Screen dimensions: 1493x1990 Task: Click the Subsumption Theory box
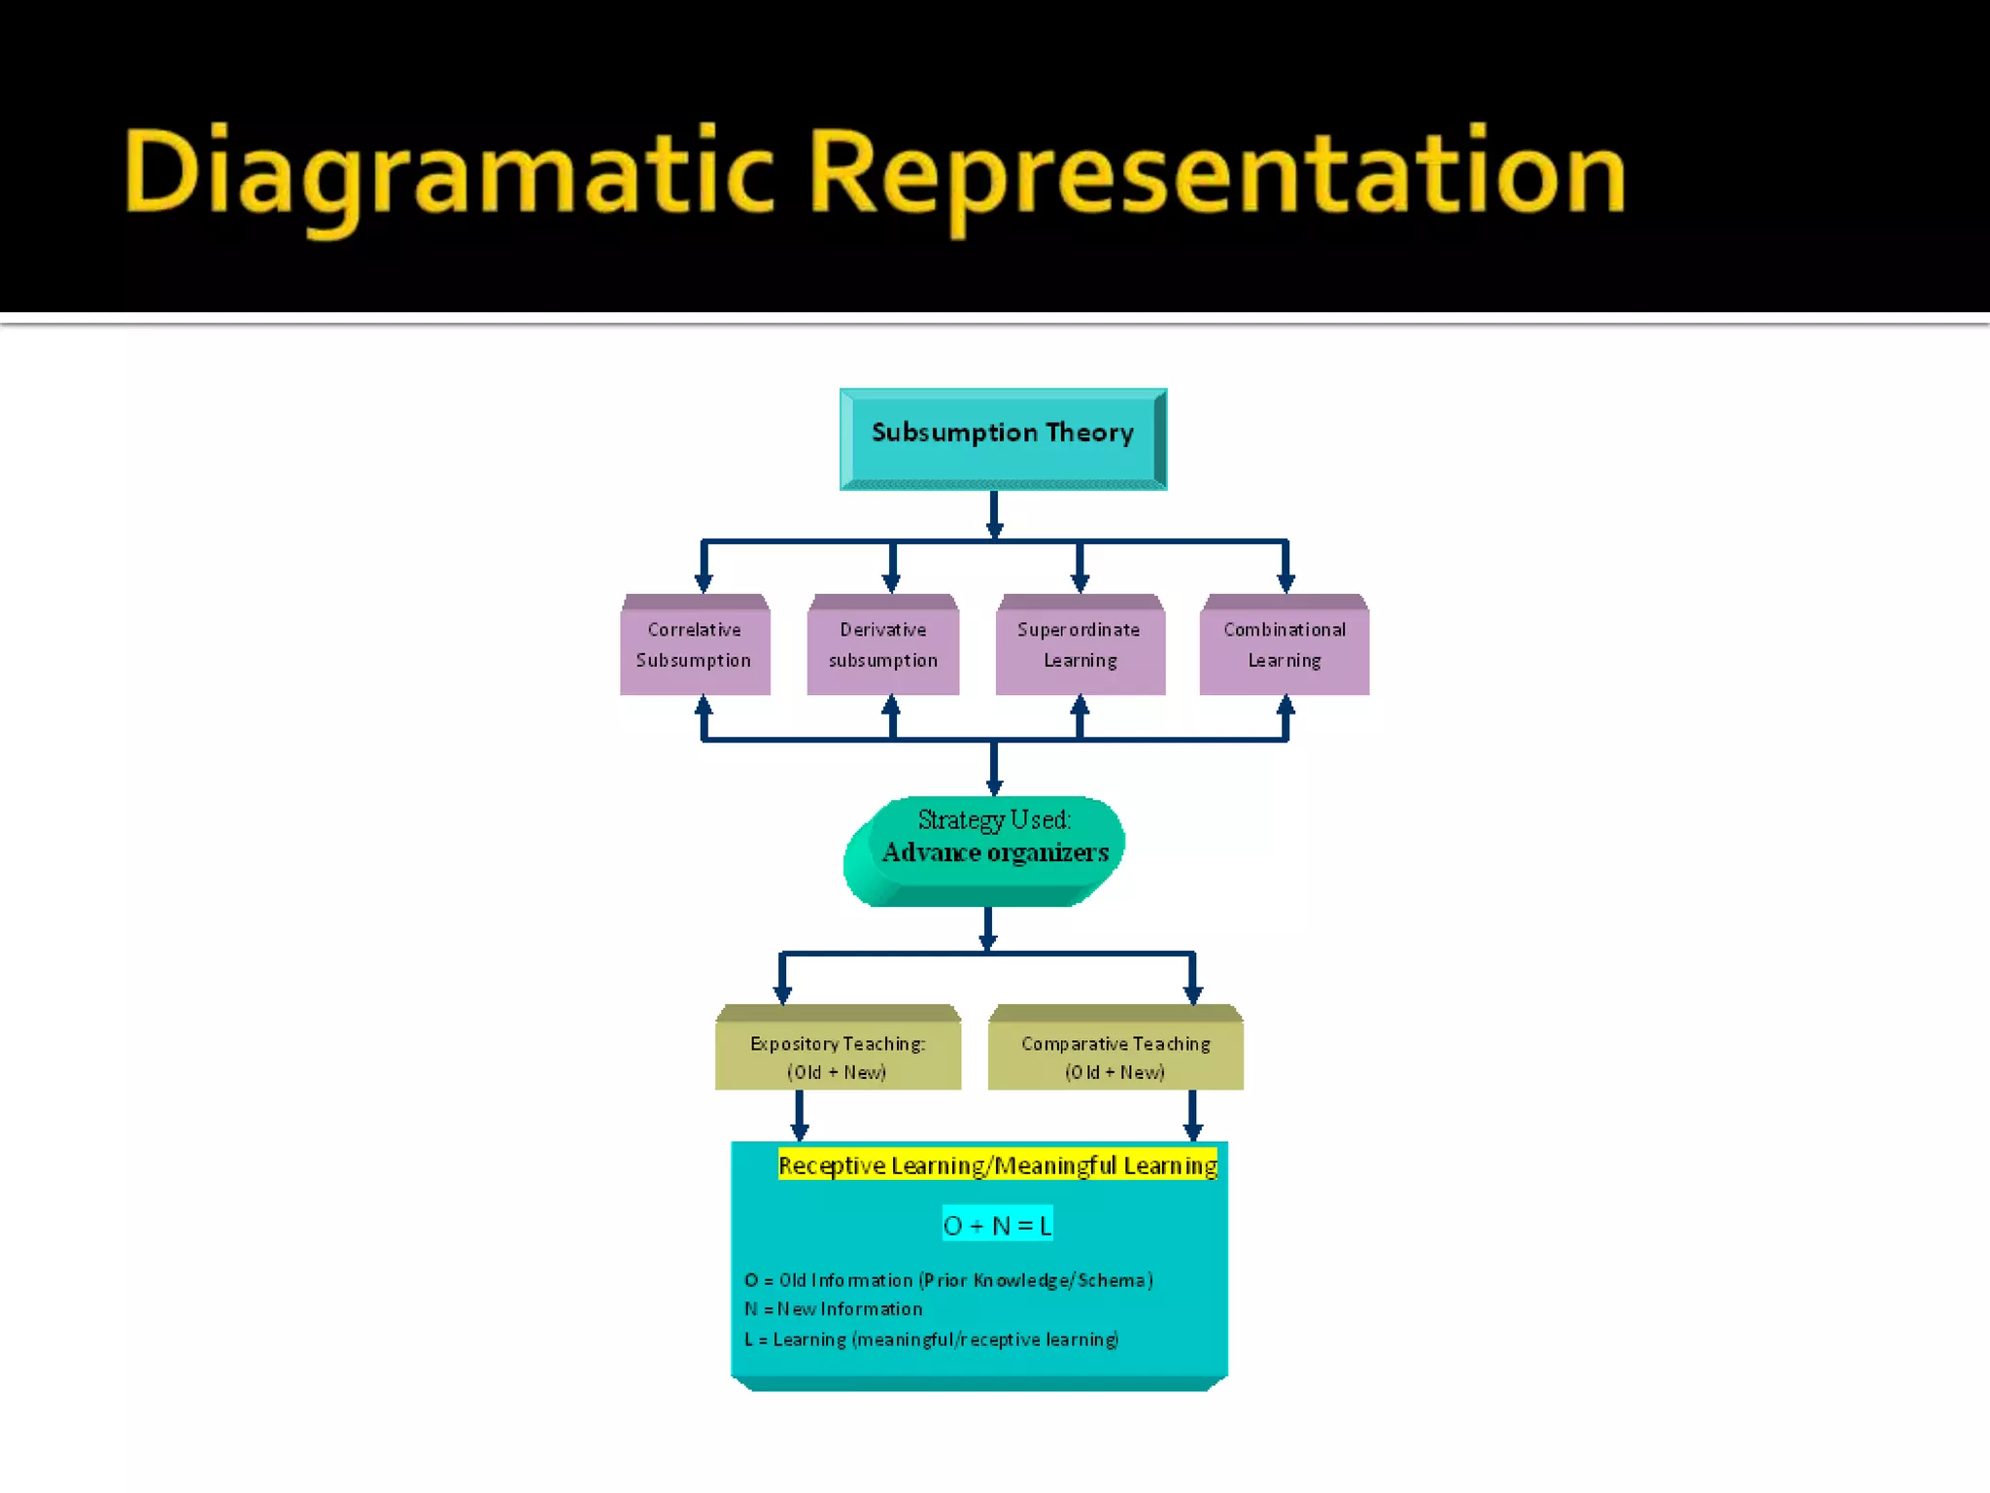[x=1003, y=438]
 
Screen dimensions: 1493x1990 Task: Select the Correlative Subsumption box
[x=695, y=645]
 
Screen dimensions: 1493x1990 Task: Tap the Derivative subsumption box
[x=882, y=645]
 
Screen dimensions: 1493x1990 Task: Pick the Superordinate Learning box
[x=1080, y=645]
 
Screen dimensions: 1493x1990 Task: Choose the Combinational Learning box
[x=1285, y=645]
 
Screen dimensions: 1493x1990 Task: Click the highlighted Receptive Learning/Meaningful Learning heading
[x=997, y=1165]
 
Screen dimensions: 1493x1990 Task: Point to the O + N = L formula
[x=997, y=1225]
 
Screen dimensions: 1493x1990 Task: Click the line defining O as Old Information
[x=948, y=1280]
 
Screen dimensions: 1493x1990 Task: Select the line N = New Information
[x=834, y=1309]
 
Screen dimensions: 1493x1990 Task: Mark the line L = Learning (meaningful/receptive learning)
[x=931, y=1339]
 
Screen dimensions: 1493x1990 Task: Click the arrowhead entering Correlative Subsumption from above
[x=704, y=582]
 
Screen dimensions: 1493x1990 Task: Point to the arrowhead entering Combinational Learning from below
[x=1286, y=706]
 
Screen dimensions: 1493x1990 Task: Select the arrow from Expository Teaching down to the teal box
[x=800, y=1115]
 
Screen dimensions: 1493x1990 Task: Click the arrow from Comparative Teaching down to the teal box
[x=1193, y=1115]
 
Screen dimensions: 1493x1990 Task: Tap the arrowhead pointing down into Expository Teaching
[x=783, y=993]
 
